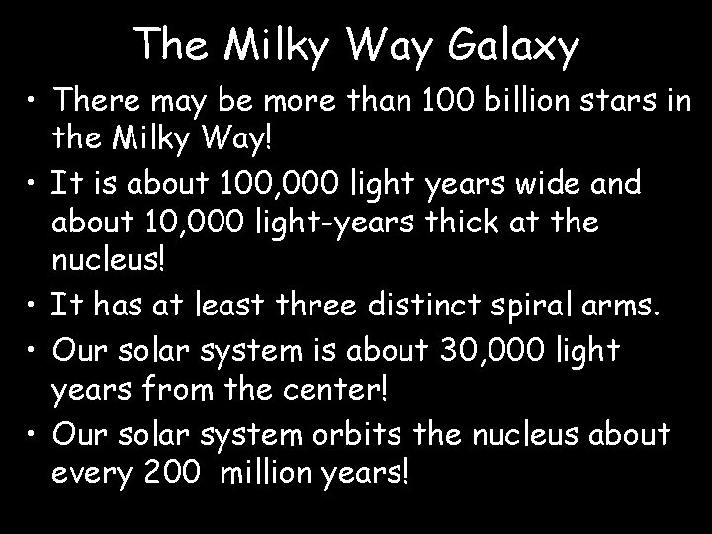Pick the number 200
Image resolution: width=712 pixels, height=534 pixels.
[172, 475]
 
